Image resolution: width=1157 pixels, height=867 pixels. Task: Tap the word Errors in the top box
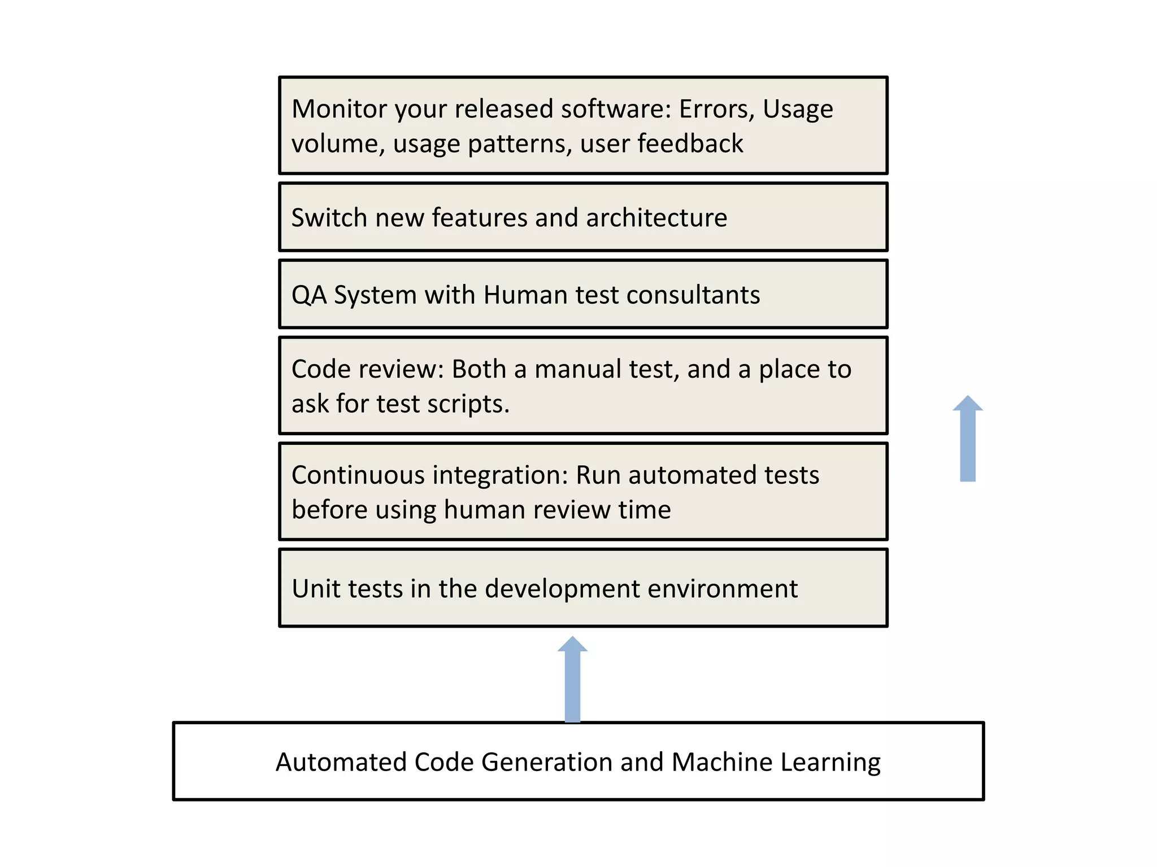(716, 109)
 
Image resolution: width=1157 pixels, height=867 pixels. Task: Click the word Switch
(328, 218)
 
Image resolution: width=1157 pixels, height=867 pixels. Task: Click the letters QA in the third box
(308, 295)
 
